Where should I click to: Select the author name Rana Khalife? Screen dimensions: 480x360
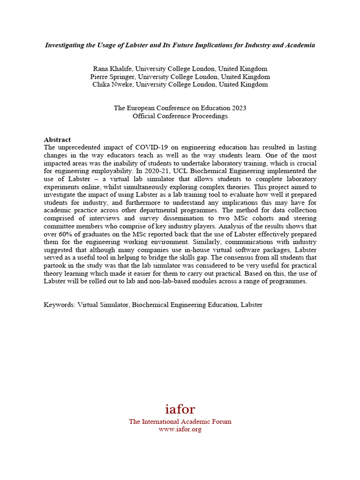click(112, 69)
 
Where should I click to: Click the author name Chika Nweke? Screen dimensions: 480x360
click(112, 85)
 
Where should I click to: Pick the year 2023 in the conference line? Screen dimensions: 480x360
click(238, 108)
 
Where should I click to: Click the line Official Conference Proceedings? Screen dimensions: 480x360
click(180, 116)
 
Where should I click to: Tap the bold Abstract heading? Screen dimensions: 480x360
click(57, 140)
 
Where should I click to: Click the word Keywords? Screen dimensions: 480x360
click(59, 305)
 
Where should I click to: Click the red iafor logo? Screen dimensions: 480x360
click(180, 409)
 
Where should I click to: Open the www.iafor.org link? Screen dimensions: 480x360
click(180, 429)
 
